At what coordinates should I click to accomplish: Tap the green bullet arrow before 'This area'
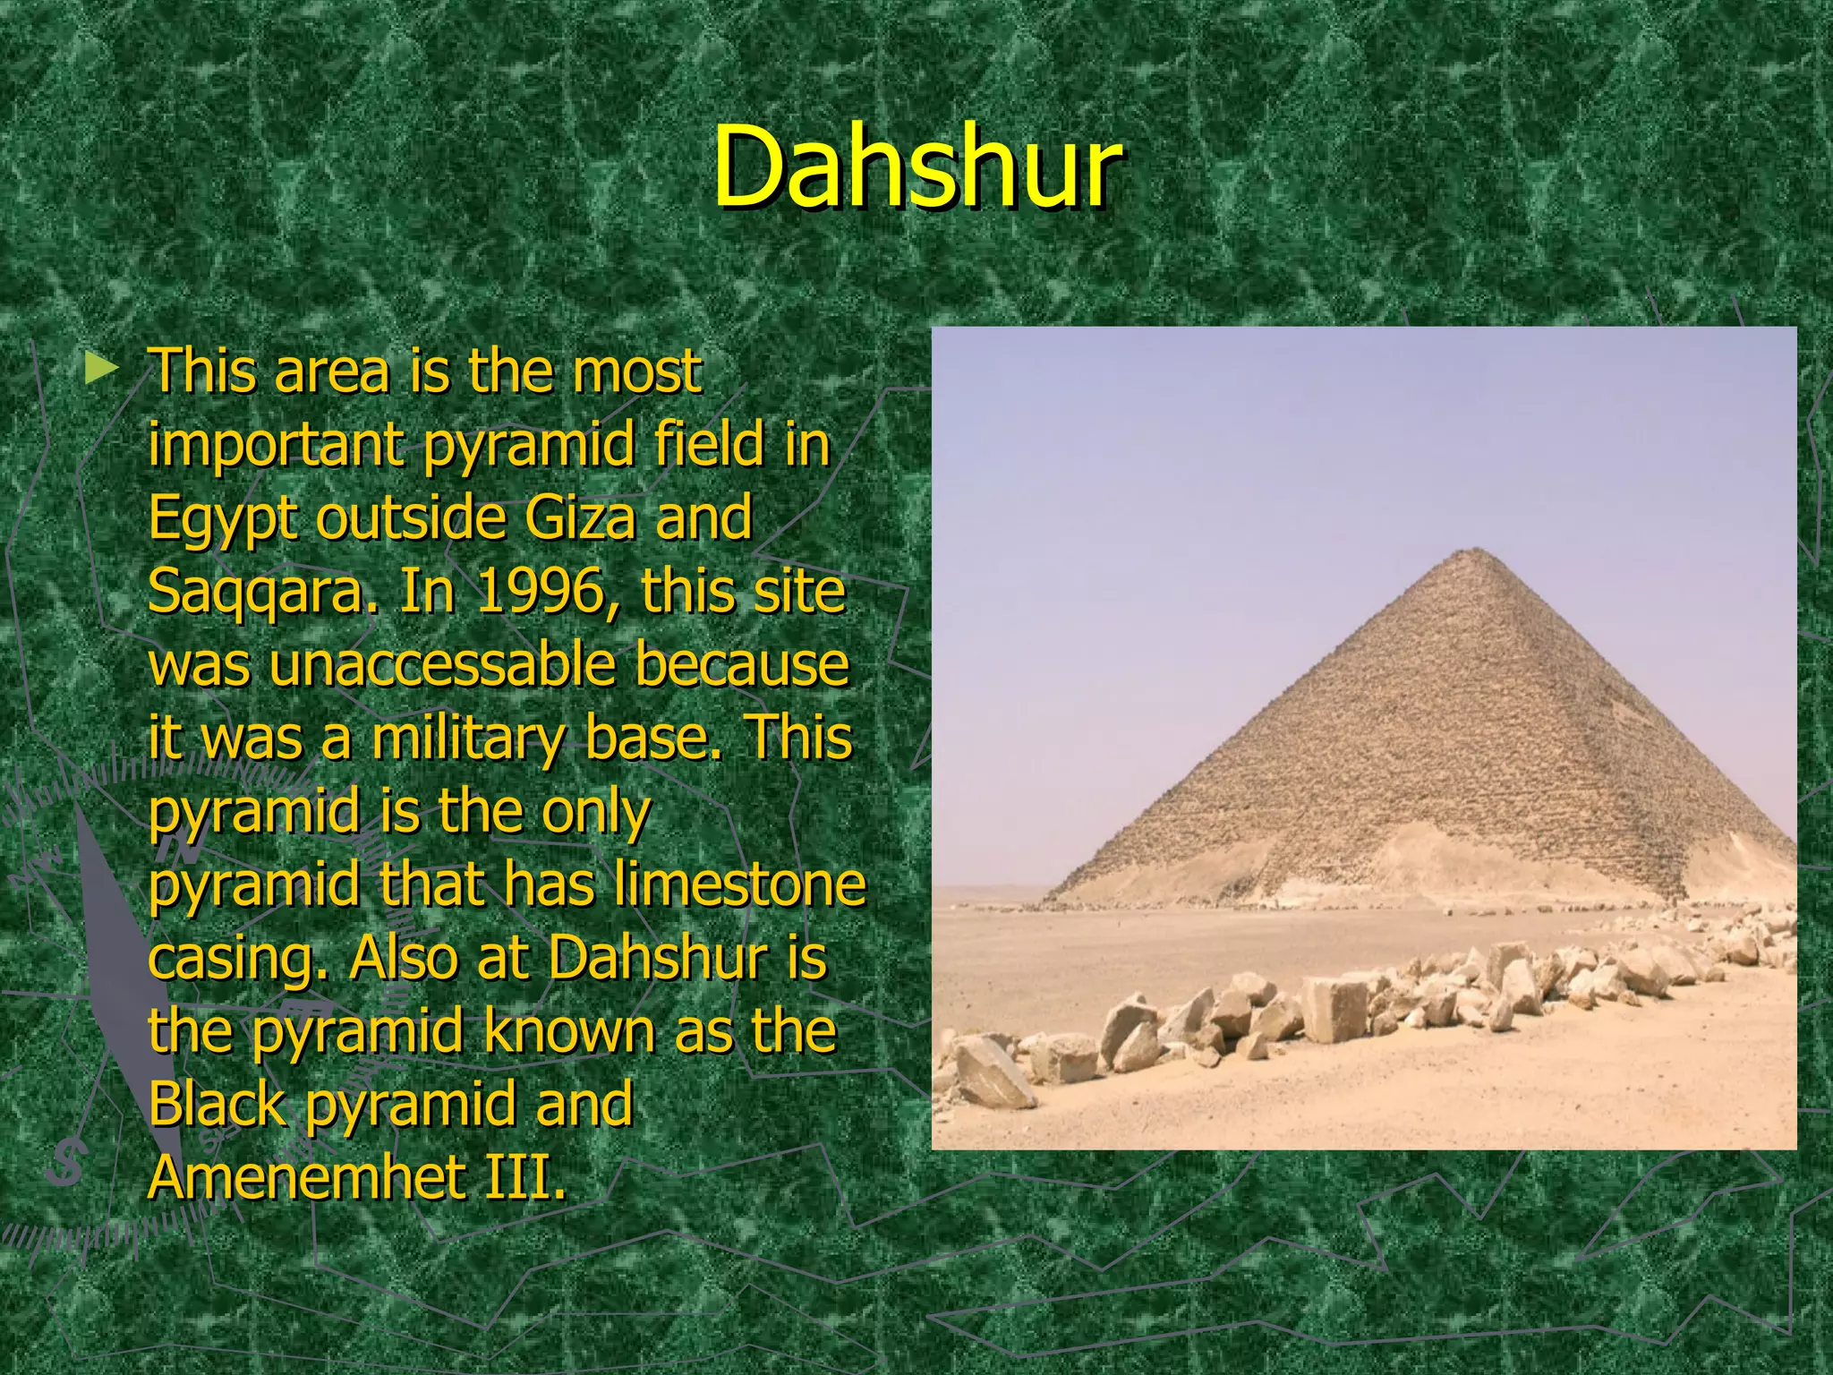click(100, 368)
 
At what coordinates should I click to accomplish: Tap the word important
click(277, 446)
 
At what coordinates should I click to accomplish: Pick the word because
click(741, 665)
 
